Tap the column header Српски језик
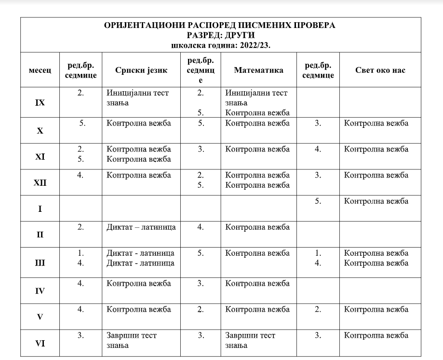tap(141, 70)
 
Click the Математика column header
tap(258, 70)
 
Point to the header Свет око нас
tap(380, 70)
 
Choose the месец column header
tap(40, 70)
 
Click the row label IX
tap(40, 103)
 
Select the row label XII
tap(40, 182)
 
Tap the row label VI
tap(40, 344)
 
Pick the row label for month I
tap(40, 209)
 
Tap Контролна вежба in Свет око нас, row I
tap(376, 201)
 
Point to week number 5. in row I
tap(318, 201)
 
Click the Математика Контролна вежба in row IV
tap(257, 283)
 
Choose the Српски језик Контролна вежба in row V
tap(139, 309)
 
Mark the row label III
tap(40, 263)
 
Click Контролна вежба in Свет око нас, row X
tap(376, 123)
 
